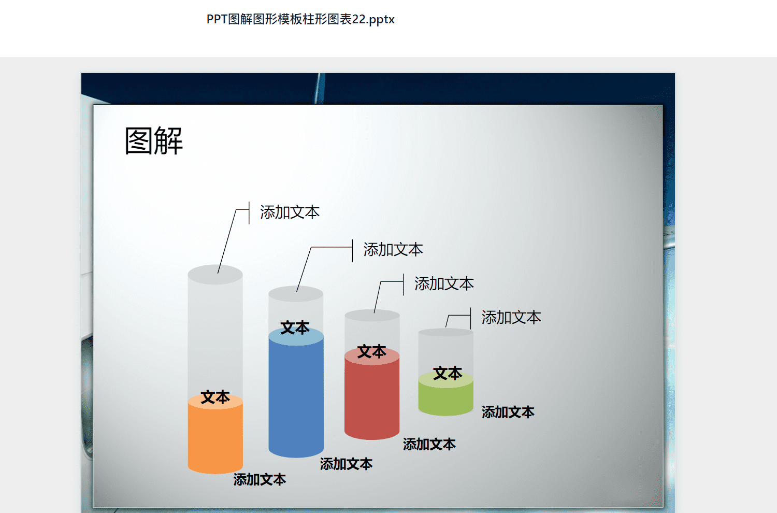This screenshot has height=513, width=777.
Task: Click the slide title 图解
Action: pyautogui.click(x=154, y=140)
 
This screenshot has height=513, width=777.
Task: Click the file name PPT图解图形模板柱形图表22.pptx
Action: pyautogui.click(x=300, y=20)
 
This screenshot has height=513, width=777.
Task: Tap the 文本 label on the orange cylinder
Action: pyautogui.click(x=215, y=397)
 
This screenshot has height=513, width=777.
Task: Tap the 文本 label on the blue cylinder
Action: pyautogui.click(x=295, y=328)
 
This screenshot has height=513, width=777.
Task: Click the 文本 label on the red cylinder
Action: pyautogui.click(x=372, y=352)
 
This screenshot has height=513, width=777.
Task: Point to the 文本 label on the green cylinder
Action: pyautogui.click(x=448, y=374)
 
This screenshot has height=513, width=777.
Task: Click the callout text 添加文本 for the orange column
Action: pyautogui.click(x=290, y=212)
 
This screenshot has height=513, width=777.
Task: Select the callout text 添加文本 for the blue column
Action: pyautogui.click(x=393, y=250)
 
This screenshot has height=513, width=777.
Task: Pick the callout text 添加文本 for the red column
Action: pyautogui.click(x=444, y=284)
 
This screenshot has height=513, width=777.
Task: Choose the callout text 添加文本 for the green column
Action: pyautogui.click(x=511, y=318)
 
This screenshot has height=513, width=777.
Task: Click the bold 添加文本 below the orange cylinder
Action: pyautogui.click(x=260, y=480)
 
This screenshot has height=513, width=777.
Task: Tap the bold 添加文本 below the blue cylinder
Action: pyautogui.click(x=346, y=464)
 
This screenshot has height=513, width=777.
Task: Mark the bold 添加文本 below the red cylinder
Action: pyautogui.click(x=429, y=444)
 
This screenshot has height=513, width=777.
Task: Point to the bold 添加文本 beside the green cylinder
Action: pyautogui.click(x=508, y=412)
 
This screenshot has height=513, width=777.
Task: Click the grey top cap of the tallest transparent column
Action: pyautogui.click(x=215, y=275)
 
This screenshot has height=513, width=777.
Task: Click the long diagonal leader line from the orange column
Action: pyautogui.click(x=227, y=241)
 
